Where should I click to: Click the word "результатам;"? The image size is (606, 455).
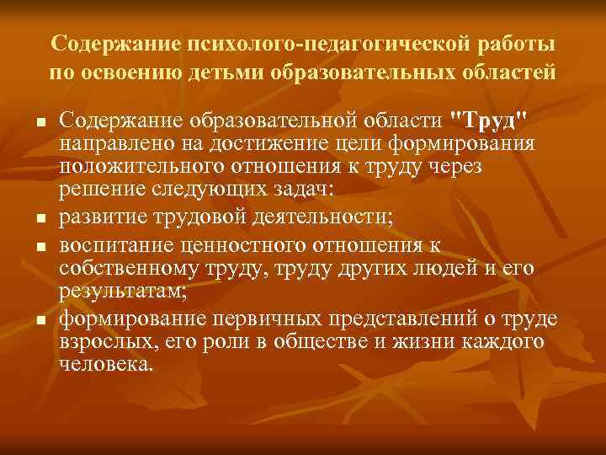click(114, 294)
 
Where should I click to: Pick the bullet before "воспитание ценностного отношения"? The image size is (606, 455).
click(40, 248)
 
